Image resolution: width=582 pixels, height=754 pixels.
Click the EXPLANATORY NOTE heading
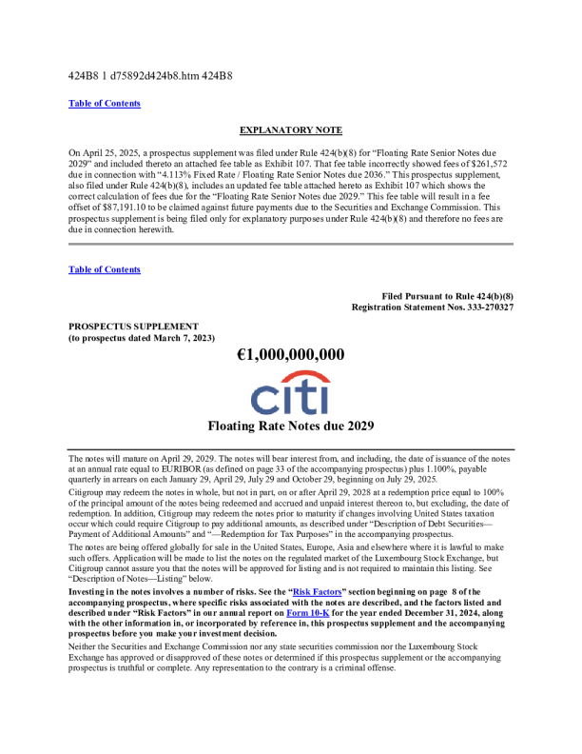click(290, 129)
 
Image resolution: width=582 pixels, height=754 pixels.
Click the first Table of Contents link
click(105, 103)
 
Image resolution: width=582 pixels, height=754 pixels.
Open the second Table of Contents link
click(105, 269)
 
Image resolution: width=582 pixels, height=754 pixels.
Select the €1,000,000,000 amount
click(290, 355)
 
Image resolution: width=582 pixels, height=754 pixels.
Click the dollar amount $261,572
click(488, 164)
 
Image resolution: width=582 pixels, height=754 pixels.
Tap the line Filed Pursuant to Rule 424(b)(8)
click(447, 296)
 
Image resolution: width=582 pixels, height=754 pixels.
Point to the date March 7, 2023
click(184, 337)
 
